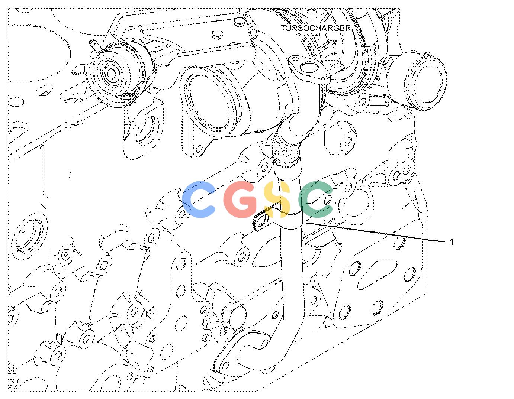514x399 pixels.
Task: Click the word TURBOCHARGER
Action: tap(315, 28)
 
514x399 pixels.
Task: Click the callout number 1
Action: tap(451, 242)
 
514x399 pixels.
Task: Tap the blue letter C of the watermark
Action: tap(199, 199)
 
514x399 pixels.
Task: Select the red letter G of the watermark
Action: tap(240, 199)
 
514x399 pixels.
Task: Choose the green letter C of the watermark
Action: tap(316, 199)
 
